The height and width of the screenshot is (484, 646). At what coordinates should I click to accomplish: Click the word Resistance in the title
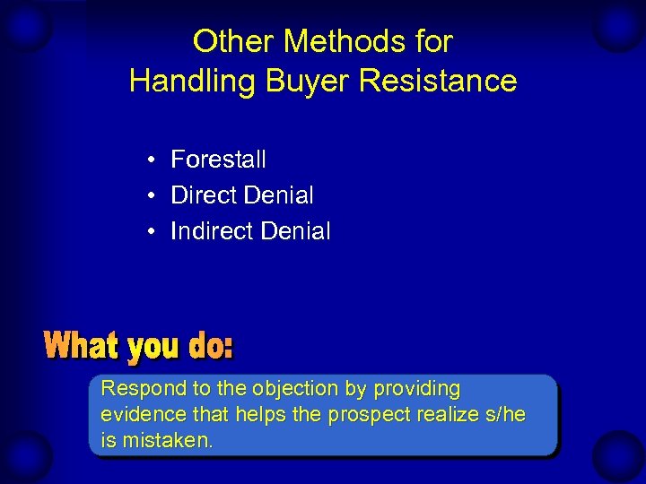(x=438, y=81)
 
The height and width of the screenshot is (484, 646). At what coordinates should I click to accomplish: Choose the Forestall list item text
(x=218, y=160)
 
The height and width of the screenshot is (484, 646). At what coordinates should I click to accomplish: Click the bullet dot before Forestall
(x=154, y=160)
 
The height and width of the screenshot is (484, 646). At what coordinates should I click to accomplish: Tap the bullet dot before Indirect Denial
(x=154, y=232)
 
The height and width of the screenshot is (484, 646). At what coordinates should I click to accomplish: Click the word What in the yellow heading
(x=82, y=345)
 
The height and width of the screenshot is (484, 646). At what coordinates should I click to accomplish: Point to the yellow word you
(x=153, y=347)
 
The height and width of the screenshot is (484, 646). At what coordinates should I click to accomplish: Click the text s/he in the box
(x=502, y=415)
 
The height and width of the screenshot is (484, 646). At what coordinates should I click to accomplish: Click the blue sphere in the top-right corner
(x=619, y=27)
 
